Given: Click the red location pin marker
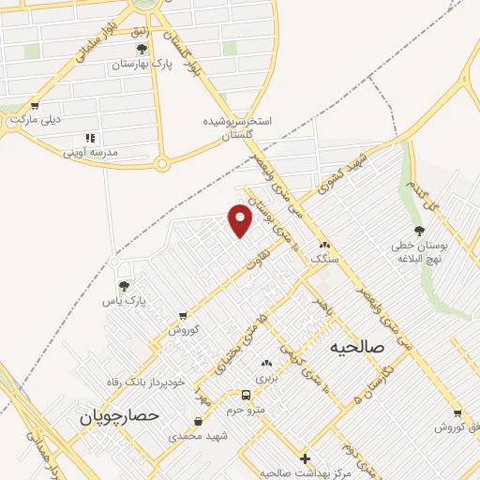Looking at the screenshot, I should coord(241,220).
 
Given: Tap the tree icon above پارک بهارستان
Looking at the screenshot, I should coord(142,49).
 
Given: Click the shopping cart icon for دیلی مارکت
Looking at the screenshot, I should coord(35,106).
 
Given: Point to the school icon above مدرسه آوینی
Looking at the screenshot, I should coord(91,137).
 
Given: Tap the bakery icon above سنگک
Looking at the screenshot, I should coord(324,244).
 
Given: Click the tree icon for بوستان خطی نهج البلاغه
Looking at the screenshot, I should coord(419,231).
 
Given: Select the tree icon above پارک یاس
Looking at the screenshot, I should coord(124,285).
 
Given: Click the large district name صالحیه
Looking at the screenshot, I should coord(358,346).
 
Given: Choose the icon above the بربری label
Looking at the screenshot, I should coord(267,363).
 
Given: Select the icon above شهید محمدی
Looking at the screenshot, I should coord(198,422).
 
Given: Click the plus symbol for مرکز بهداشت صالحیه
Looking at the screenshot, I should coord(305,458).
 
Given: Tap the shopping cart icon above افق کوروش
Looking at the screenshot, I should coord(457,413).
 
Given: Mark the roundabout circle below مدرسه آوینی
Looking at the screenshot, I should coord(161,165).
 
